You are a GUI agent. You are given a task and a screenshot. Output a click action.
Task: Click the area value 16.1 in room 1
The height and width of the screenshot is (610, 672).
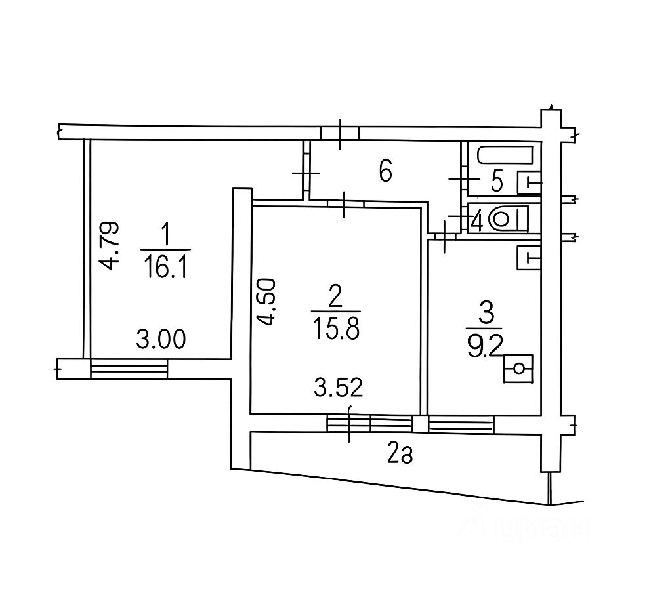(x=165, y=266)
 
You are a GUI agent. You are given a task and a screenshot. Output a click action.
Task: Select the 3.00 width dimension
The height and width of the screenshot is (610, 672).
(x=161, y=339)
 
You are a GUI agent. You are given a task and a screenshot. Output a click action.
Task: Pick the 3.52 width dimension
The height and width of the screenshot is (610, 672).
(x=339, y=388)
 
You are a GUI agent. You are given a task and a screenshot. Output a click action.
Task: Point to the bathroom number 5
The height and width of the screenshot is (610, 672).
(x=496, y=181)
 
